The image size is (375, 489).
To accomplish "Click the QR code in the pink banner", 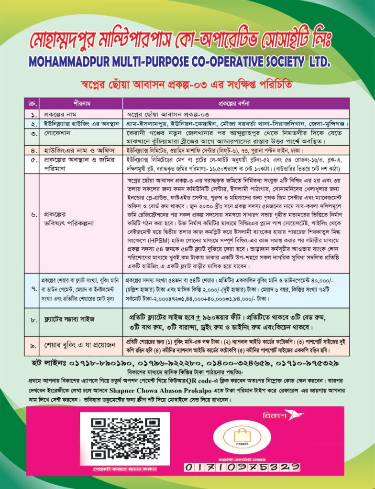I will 124,438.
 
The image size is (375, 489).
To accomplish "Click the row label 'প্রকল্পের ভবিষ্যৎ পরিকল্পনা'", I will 62,215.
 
